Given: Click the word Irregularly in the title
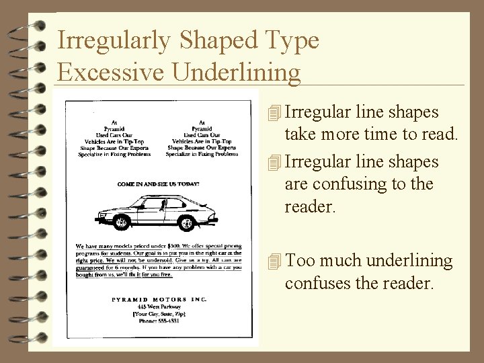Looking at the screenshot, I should (113, 41).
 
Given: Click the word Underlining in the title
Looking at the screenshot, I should (236, 72).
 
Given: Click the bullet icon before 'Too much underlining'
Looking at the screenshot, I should (272, 261).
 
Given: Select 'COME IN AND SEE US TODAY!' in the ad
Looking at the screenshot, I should (159, 183).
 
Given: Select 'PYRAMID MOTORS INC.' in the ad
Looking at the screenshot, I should (159, 298).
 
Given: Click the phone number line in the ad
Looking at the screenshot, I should (159, 321).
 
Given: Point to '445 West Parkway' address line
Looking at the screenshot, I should (159, 306).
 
